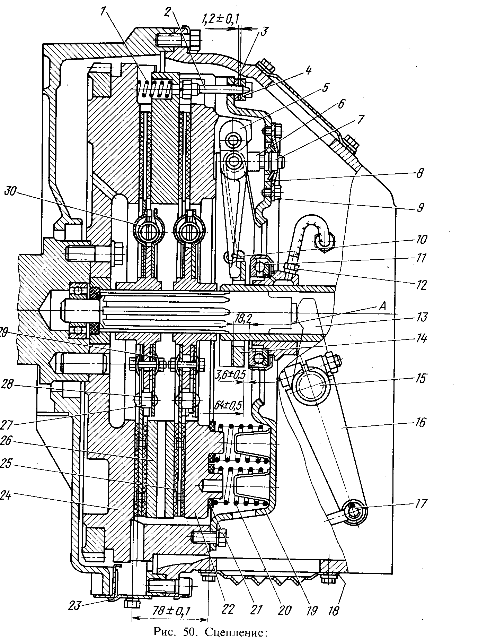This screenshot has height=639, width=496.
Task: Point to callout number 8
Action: pyautogui.click(x=419, y=173)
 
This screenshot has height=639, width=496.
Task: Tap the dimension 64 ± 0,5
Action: pyautogui.click(x=228, y=405)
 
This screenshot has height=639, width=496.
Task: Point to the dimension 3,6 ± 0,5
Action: pyautogui.click(x=231, y=375)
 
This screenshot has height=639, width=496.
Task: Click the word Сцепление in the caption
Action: pyautogui.click(x=236, y=631)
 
